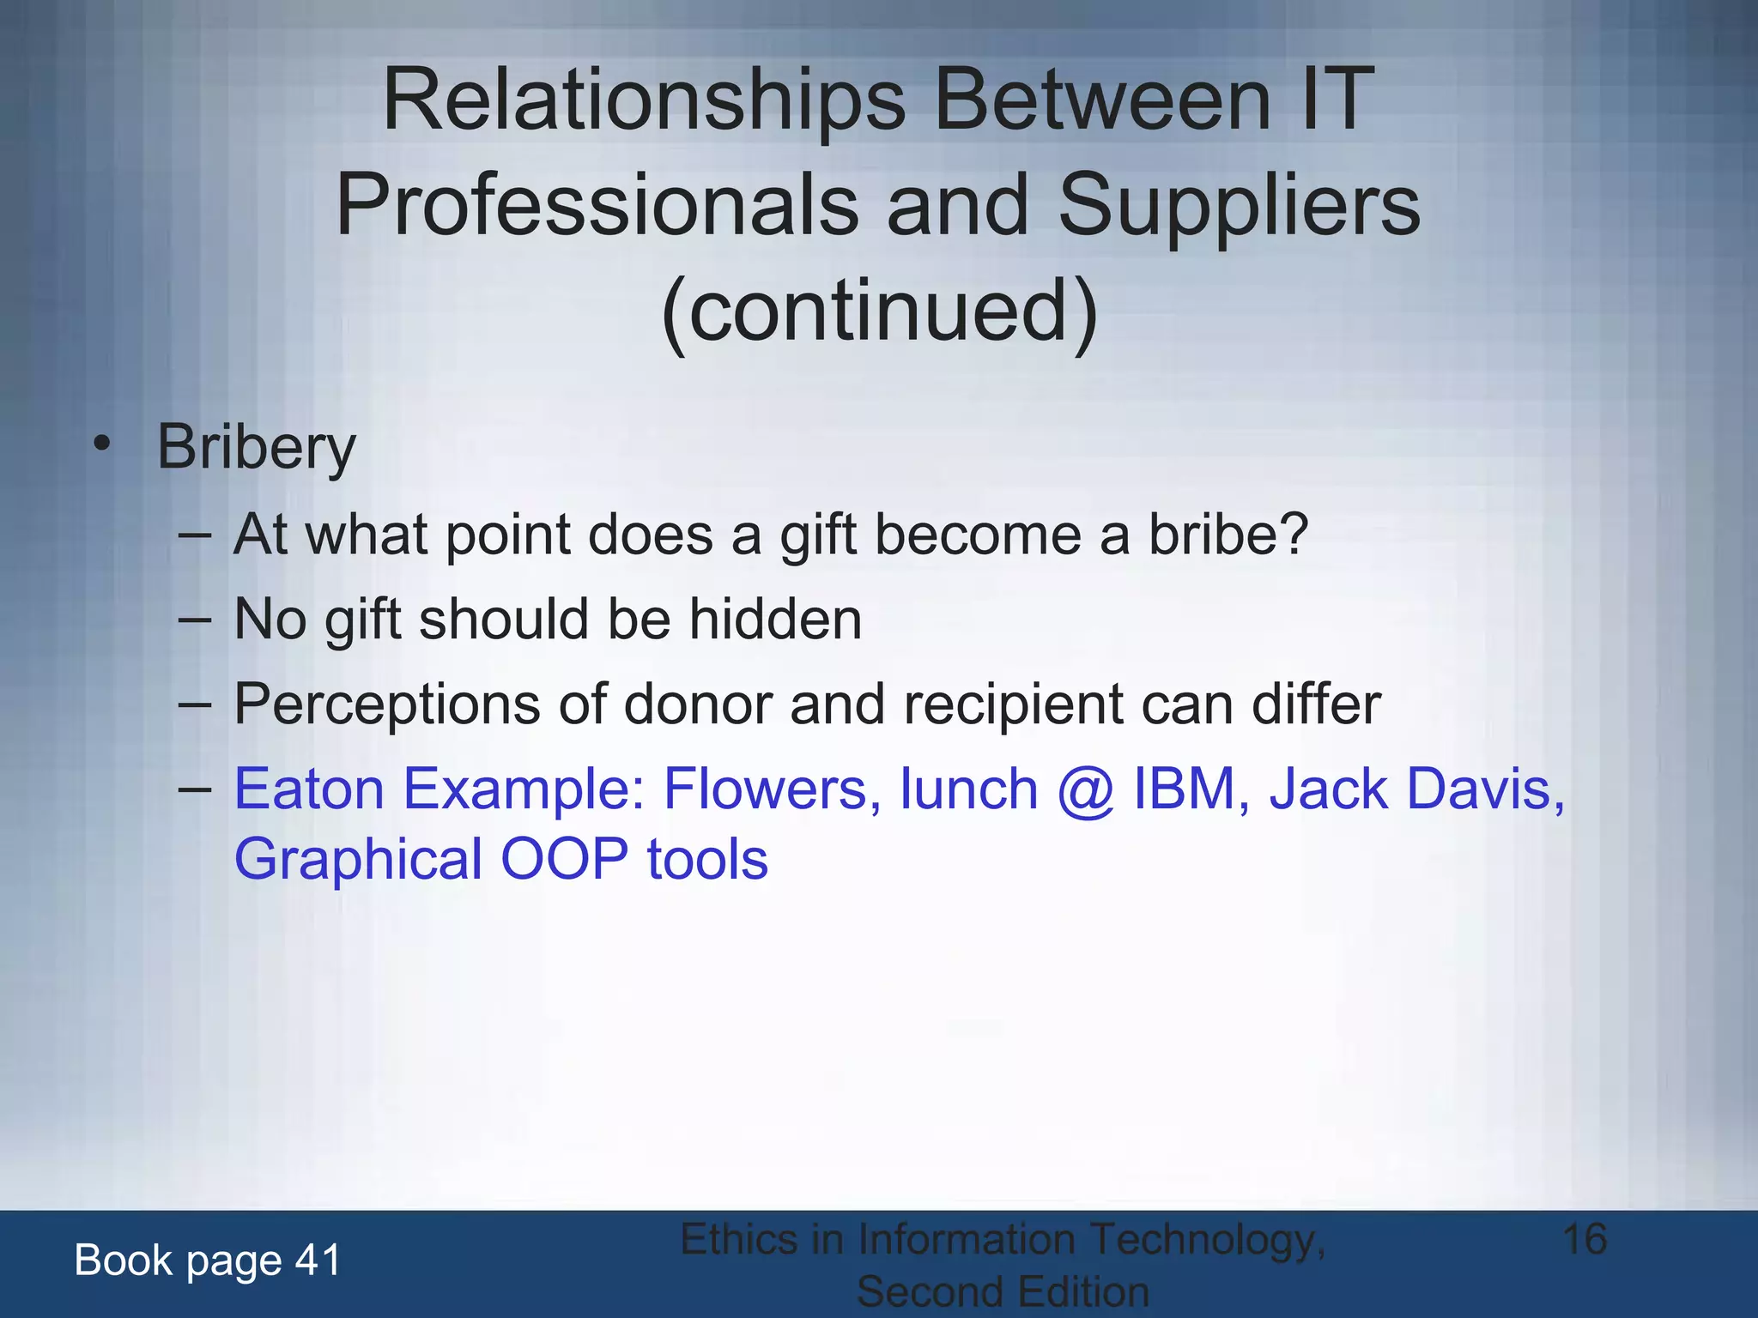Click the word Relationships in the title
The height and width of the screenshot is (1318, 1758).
[x=643, y=101]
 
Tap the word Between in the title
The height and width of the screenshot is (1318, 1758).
[x=1101, y=101]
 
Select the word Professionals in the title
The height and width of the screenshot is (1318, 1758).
[x=596, y=206]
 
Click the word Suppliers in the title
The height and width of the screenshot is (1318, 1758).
[x=1239, y=206]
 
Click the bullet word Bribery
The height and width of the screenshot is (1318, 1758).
[x=256, y=448]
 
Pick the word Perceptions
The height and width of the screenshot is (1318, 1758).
[x=387, y=704]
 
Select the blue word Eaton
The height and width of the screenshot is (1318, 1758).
[x=309, y=789]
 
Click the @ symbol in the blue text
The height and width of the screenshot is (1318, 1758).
[x=1086, y=790]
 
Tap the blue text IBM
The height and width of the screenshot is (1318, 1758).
[x=1184, y=789]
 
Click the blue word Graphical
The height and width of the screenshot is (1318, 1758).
[x=358, y=859]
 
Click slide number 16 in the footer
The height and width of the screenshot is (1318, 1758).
[x=1585, y=1240]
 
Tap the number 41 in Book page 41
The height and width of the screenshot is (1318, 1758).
[x=318, y=1261]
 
